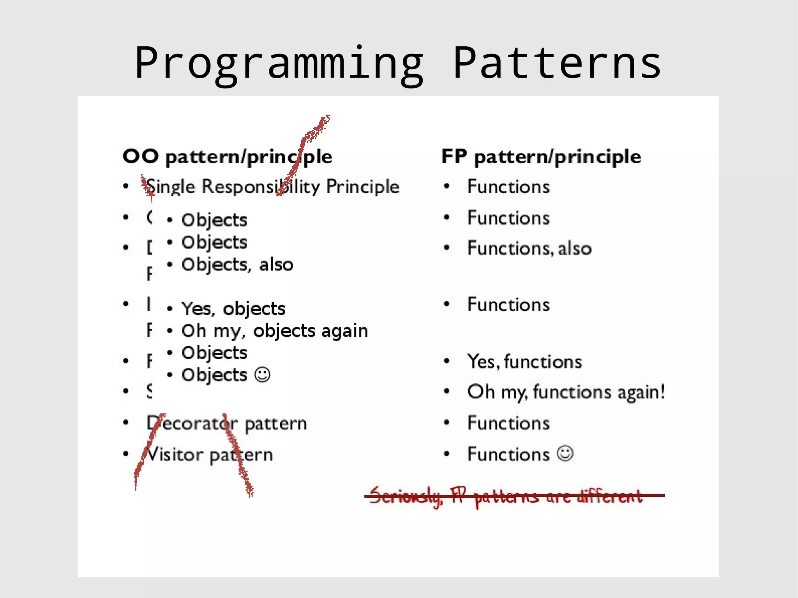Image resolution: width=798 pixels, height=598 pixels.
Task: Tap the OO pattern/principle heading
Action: pyautogui.click(x=227, y=157)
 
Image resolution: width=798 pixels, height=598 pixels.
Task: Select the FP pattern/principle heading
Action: pyautogui.click(x=541, y=157)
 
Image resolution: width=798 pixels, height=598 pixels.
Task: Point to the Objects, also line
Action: pyautogui.click(x=237, y=265)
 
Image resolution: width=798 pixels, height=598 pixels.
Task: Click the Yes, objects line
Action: pyautogui.click(x=233, y=309)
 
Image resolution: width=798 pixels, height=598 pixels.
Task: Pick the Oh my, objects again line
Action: pyautogui.click(x=274, y=331)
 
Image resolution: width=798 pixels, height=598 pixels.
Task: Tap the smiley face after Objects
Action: pyautogui.click(x=262, y=375)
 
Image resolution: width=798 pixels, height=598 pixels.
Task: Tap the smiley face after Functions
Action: pyautogui.click(x=565, y=453)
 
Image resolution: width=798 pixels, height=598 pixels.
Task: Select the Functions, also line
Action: pyautogui.click(x=529, y=249)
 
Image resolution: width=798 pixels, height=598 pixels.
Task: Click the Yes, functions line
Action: pyautogui.click(x=524, y=362)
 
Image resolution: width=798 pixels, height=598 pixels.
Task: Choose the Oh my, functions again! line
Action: pyautogui.click(x=565, y=392)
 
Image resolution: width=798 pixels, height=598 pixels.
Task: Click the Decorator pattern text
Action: pyautogui.click(x=227, y=423)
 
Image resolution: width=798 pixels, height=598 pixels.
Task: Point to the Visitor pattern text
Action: pyautogui.click(x=210, y=455)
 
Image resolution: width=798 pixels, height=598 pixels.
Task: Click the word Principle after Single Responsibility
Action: pyautogui.click(x=362, y=187)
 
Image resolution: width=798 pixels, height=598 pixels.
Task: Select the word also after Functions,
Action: pyautogui.click(x=575, y=249)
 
